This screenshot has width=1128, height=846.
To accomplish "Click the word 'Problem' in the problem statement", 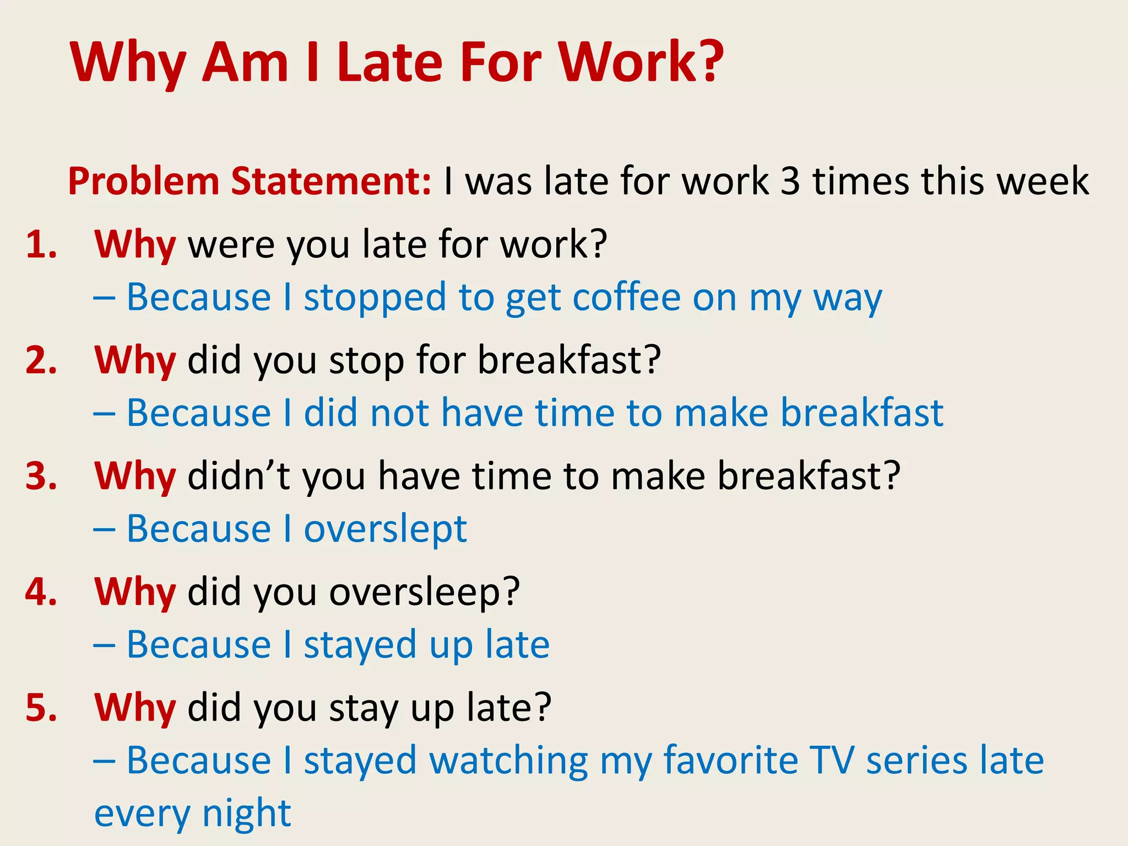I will tap(143, 181).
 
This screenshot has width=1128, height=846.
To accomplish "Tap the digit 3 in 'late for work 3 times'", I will tap(790, 181).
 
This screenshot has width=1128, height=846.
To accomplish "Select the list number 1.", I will tap(41, 245).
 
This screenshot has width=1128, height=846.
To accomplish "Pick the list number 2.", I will tap(41, 361).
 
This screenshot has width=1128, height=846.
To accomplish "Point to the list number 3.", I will tap(41, 476).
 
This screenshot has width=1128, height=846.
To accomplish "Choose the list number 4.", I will tap(41, 593).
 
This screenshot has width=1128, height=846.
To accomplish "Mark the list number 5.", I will tap(41, 708).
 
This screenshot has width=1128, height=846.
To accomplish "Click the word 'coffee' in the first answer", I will tap(626, 297).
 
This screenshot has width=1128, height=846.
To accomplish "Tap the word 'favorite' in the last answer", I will tap(730, 760).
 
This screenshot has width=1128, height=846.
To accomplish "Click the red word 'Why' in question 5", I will tap(135, 708).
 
